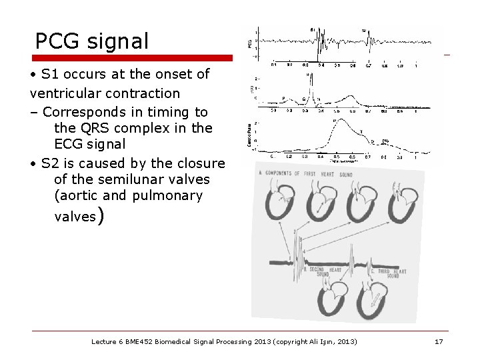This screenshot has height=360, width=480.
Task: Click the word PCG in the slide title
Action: point(59,41)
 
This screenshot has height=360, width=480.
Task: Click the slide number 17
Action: point(438,341)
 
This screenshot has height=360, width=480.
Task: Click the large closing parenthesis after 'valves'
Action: point(99,215)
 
